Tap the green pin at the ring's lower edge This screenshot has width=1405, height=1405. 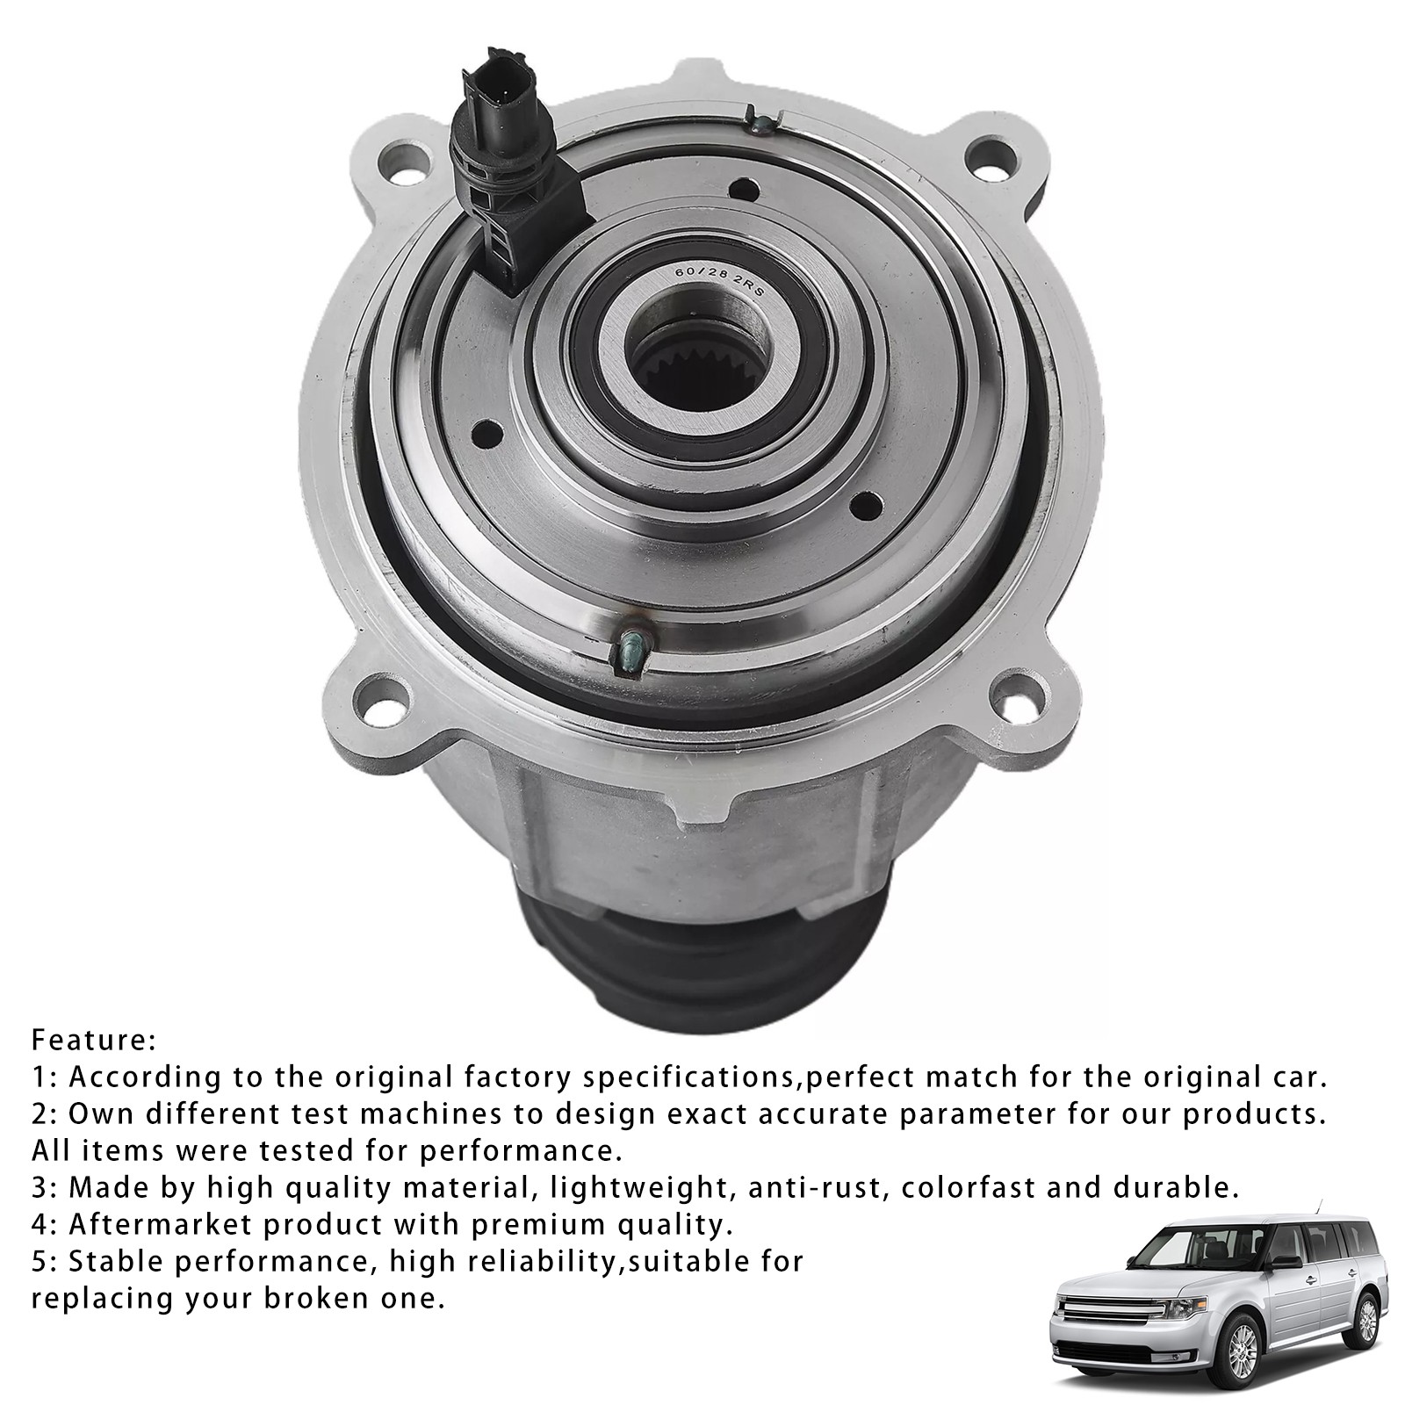click(631, 651)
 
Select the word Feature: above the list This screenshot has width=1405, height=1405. click(94, 1041)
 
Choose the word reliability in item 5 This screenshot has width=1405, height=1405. click(529, 1263)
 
